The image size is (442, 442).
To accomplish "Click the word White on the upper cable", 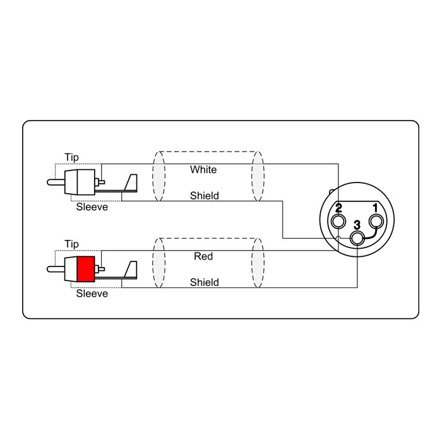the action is [x=203, y=169].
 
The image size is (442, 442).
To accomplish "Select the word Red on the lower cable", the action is [x=203, y=256].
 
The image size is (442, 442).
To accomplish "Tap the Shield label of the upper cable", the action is [x=205, y=195].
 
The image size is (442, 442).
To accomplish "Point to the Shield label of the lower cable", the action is [x=205, y=282].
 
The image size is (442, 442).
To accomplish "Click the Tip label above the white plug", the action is [x=71, y=157].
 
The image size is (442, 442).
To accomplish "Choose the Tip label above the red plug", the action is [x=71, y=244].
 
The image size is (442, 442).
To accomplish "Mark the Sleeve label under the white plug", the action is [x=92, y=207].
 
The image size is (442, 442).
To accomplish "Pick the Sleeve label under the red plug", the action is [x=92, y=294].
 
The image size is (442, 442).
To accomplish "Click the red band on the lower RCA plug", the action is [x=86, y=269].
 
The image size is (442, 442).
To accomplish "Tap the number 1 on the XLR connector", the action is [x=375, y=208].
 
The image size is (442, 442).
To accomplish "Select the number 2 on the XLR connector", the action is [x=338, y=208].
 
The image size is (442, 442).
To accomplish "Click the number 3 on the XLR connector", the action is [x=357, y=225].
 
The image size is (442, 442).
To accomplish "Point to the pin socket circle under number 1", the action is [x=376, y=221].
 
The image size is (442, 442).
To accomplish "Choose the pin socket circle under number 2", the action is [x=338, y=221].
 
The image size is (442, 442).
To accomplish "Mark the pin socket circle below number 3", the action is [x=357, y=239].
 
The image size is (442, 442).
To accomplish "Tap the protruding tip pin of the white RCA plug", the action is [x=56, y=182].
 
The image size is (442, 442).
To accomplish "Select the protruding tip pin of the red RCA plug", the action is [x=56, y=269].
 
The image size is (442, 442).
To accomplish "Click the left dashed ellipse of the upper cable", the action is [x=159, y=176].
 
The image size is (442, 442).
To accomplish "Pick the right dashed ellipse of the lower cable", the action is [x=258, y=263].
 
